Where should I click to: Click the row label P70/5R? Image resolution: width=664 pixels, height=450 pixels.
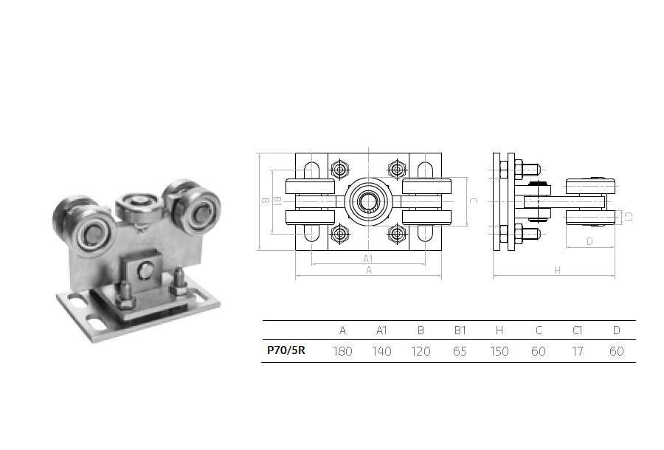pos(286,351)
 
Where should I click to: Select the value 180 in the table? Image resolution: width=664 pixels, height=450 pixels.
pos(342,351)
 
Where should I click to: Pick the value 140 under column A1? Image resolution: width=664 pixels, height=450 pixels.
pos(381,351)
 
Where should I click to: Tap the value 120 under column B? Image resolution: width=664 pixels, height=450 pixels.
pos(421,351)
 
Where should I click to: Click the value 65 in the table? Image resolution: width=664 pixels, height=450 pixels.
pos(460,351)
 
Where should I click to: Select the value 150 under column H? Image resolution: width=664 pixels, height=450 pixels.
pos(499,351)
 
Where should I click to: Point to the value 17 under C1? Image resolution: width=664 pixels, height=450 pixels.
pos(578,351)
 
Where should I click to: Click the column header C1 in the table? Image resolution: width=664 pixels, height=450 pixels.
pos(578,330)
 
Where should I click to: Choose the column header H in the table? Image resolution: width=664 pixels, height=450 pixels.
pos(499,330)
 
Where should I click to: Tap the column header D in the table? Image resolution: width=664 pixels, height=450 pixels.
pos(617,330)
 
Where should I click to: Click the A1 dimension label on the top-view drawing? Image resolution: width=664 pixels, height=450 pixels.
pos(367,258)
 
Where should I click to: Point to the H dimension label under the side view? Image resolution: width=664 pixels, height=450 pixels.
pos(557,271)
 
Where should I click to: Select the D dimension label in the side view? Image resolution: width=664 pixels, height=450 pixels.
pos(589,240)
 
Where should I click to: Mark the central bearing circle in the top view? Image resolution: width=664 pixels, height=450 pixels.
pos(367,200)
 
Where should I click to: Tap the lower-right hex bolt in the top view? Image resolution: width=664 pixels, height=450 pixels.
pos(396,234)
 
